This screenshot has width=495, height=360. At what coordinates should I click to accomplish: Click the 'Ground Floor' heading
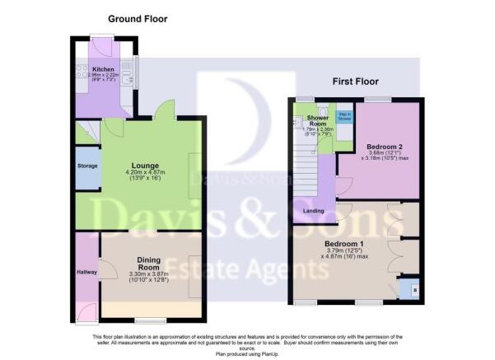(138, 17)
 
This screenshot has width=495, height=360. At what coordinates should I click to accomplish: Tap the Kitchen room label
(103, 69)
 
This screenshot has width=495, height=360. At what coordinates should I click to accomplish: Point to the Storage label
(87, 165)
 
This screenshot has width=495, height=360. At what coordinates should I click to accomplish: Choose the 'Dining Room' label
(148, 263)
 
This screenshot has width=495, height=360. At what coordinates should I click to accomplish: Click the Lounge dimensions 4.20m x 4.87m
(138, 172)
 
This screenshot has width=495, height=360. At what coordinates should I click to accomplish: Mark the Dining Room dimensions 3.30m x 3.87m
(148, 274)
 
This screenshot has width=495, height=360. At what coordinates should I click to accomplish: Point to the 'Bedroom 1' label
(343, 245)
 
